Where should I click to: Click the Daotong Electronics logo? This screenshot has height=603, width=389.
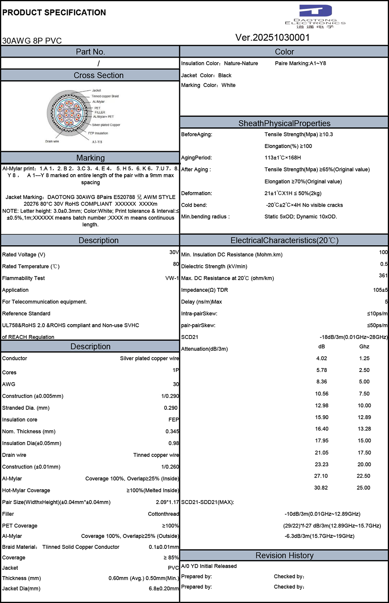point(315,16)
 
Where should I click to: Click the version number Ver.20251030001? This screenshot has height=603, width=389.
point(273,37)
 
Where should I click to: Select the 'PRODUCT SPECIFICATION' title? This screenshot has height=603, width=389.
point(54,12)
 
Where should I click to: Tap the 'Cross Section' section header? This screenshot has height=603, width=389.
point(98,75)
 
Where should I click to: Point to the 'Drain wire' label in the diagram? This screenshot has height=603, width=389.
point(52,141)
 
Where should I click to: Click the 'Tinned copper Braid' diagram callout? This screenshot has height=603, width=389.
point(105,96)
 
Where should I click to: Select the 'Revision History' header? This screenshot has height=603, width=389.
point(284,555)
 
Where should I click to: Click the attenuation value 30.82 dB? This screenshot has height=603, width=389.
point(321,488)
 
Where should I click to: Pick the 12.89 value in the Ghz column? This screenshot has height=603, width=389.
point(364,417)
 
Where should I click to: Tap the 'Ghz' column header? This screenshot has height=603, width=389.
point(364,346)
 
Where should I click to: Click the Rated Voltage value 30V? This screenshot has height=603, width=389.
point(174,252)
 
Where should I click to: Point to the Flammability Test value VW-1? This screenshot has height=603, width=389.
point(172,278)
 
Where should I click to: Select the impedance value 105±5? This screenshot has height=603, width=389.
point(380,290)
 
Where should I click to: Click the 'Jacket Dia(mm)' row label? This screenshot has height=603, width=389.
point(21,588)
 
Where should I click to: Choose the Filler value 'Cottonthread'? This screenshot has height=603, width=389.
point(163,514)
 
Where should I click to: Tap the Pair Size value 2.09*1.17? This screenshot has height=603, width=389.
point(167,502)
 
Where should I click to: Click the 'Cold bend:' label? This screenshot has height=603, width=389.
point(194,205)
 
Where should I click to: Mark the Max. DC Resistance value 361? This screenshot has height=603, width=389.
point(383,275)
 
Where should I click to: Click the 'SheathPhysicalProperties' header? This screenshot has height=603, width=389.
point(284,123)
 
